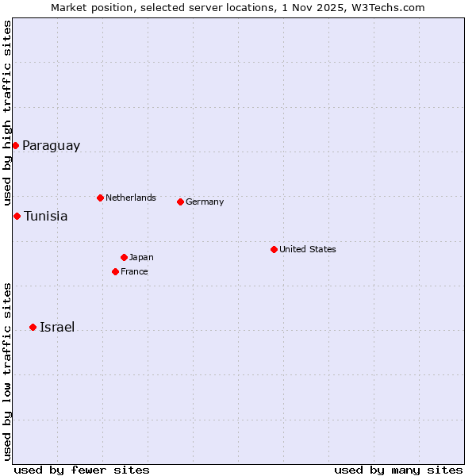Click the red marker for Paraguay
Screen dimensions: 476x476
click(x=15, y=145)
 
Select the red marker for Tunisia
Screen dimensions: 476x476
click(x=17, y=216)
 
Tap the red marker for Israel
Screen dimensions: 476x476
click(x=33, y=327)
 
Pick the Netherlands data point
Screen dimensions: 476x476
click(x=100, y=198)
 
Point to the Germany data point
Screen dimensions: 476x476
click(x=180, y=202)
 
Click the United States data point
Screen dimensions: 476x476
click(x=274, y=249)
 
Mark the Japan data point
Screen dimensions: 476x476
click(x=124, y=257)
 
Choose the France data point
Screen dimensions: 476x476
click(x=115, y=271)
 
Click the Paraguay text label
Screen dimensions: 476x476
click(x=51, y=146)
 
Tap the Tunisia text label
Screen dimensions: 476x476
click(x=45, y=217)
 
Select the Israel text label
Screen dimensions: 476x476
click(x=57, y=328)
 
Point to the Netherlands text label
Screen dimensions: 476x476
click(x=131, y=198)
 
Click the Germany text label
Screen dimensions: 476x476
click(x=205, y=202)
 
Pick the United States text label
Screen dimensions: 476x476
click(x=308, y=249)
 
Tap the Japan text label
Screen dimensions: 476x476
click(x=141, y=257)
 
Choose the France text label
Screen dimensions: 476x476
click(x=134, y=271)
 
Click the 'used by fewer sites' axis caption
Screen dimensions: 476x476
click(x=82, y=470)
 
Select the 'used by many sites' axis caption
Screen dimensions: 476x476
click(x=398, y=470)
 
